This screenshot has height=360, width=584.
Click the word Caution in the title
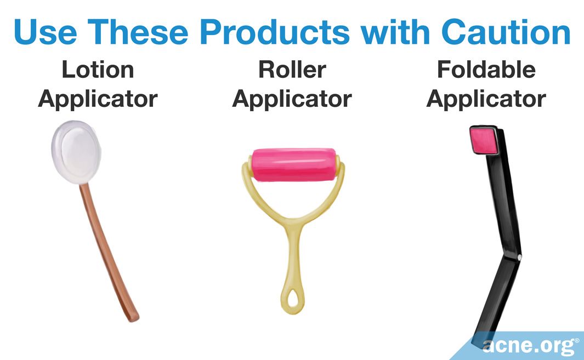(506, 31)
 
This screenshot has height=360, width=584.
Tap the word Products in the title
(275, 31)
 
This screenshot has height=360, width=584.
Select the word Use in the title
(46, 31)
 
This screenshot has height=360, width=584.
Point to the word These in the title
(138, 31)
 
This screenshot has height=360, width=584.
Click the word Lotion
(98, 70)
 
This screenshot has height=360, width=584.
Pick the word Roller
(292, 70)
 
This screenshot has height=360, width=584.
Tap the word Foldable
(486, 70)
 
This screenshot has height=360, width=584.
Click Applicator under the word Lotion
(98, 100)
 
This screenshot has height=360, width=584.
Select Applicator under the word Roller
(292, 100)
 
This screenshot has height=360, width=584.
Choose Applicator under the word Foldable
(486, 100)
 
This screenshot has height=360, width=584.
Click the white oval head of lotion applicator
(77, 152)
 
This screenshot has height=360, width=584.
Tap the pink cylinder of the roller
(294, 164)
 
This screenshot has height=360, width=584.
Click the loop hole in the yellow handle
(293, 296)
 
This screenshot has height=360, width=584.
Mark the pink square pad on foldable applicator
(484, 140)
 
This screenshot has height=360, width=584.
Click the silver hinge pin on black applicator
(519, 257)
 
